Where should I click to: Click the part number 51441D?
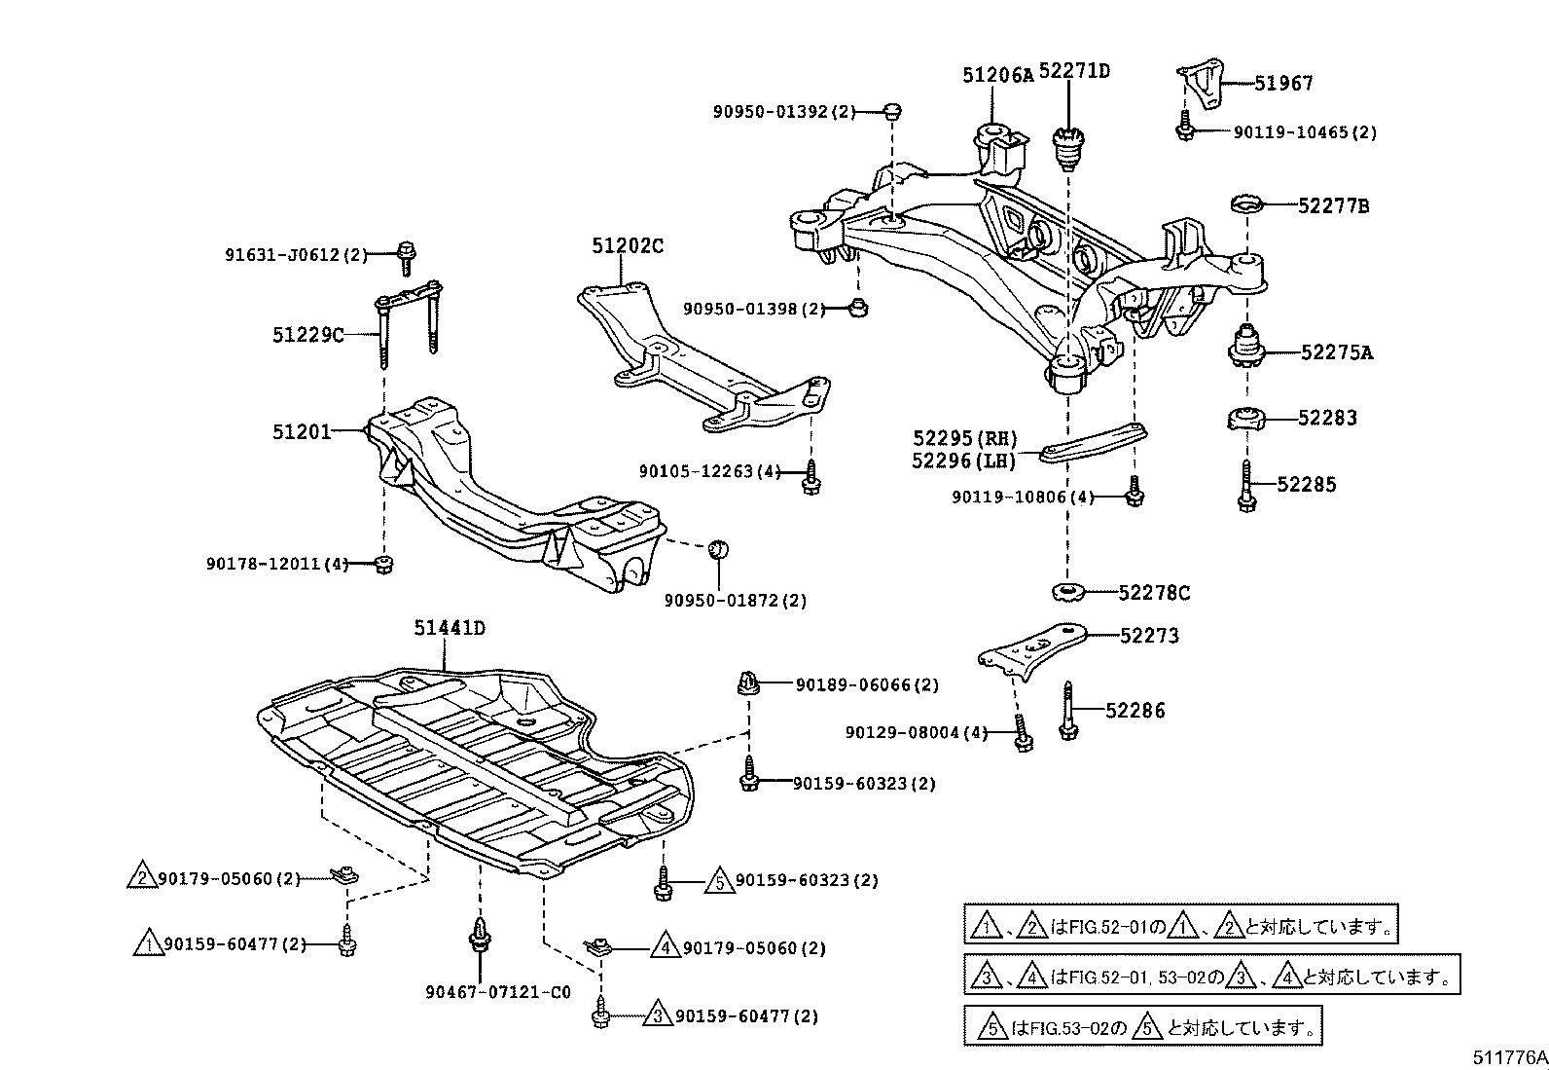[x=449, y=628]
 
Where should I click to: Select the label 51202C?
[x=628, y=246]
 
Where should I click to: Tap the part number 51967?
[x=1283, y=84]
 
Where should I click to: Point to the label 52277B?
[x=1334, y=206]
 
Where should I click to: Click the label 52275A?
[x=1337, y=352]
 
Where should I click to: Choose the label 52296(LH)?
[x=963, y=461]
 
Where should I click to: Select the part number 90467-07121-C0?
[x=497, y=992]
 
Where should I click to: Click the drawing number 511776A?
[x=1507, y=1056]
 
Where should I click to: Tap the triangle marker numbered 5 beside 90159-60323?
[x=718, y=880]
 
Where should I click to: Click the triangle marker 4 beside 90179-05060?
[x=665, y=946]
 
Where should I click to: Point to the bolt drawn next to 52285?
[x=1246, y=485]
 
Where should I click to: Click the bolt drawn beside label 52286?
[x=1068, y=714]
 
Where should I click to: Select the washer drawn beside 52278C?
[x=1069, y=592]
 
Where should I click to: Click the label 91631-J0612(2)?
[x=297, y=255]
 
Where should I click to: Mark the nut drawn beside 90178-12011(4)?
[x=384, y=564]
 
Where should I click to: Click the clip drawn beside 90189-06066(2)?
[x=747, y=683]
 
